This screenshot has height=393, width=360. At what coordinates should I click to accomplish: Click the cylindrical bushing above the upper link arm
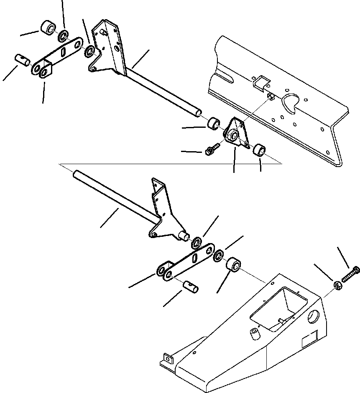pyautogui.click(x=48, y=29)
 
